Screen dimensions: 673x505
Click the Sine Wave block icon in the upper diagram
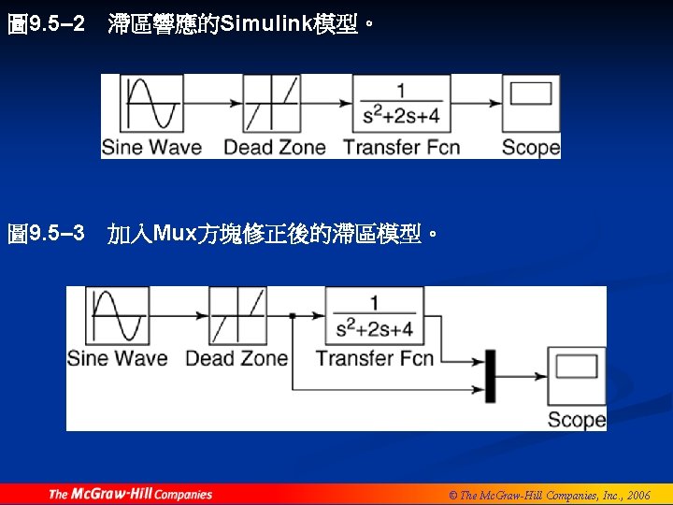[x=155, y=103]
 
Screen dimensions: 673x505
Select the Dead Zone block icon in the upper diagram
[x=271, y=103]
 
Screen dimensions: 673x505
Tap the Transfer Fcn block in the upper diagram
[x=401, y=103]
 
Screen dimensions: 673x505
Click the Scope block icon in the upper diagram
[x=531, y=103]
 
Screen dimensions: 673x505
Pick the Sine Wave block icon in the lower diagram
[x=117, y=316]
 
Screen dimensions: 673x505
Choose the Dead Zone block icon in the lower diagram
[x=237, y=316]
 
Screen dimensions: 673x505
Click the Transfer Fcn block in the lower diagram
[x=375, y=316]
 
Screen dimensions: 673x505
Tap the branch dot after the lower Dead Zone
[x=293, y=316]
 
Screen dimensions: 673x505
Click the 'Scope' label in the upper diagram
[x=530, y=147]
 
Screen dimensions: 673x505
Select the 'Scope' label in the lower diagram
[x=576, y=420]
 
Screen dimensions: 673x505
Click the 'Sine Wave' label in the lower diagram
[x=118, y=358]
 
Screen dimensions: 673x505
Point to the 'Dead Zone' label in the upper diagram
[x=274, y=147]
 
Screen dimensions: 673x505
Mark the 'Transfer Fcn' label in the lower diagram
[x=375, y=358]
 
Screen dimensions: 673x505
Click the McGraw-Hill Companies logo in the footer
[x=130, y=494]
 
